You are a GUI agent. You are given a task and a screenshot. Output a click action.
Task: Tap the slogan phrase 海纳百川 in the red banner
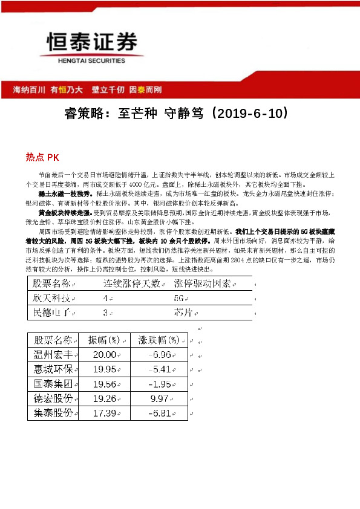[29, 89]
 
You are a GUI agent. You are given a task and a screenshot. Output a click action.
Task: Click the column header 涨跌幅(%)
[159, 340]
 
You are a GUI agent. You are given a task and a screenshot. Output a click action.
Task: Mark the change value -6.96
[160, 355]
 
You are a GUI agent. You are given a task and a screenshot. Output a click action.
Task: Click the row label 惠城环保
[53, 369]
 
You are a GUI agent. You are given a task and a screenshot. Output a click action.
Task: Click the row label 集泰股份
[53, 413]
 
